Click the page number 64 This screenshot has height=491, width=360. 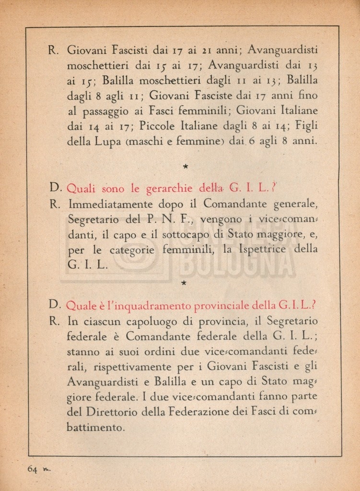coord(33,469)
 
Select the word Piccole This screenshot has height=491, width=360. coord(158,127)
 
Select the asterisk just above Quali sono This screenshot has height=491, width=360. coord(185,166)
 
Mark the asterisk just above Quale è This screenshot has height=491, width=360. coord(184,283)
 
